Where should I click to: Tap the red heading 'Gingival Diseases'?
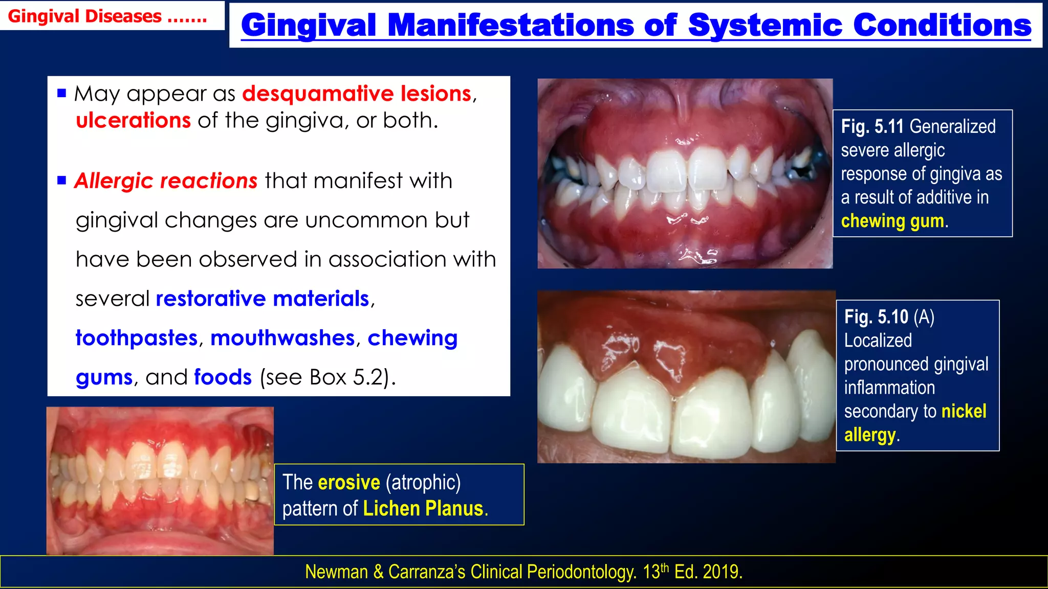[85, 16]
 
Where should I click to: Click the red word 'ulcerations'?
[133, 121]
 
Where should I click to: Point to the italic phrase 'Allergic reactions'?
[166, 181]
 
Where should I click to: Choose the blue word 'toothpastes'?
[137, 338]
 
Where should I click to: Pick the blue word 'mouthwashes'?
[282, 338]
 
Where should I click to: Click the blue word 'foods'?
[223, 377]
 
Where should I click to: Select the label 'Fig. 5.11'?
[873, 127]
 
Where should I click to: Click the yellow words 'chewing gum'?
[892, 221]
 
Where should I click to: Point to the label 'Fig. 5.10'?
[876, 317]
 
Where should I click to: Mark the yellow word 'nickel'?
[964, 411]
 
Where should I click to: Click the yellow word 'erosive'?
[349, 482]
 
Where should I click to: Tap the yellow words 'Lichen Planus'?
[423, 509]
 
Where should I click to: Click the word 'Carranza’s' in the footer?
[426, 572]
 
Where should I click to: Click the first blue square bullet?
[62, 93]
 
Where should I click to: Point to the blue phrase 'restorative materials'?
[262, 299]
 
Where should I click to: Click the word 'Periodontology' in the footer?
[581, 572]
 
